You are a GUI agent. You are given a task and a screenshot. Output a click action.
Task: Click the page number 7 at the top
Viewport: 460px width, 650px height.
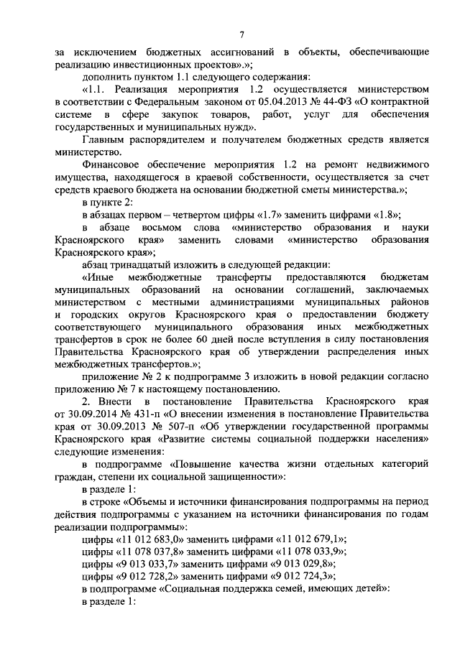click(242, 35)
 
